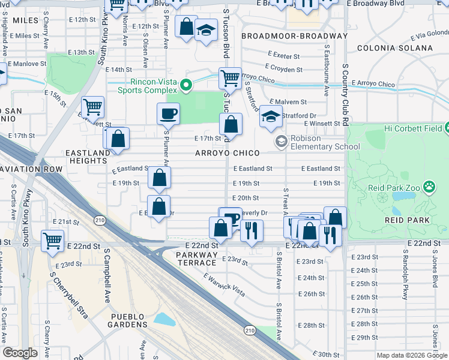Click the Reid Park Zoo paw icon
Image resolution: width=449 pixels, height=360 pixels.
coord(429,187)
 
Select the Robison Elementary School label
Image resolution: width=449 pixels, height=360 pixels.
coord(325,142)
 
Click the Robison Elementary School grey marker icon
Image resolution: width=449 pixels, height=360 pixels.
coord(280,142)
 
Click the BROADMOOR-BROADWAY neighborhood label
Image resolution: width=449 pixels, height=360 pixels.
coord(294,36)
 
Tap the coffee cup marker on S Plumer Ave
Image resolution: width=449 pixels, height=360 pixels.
coord(169,113)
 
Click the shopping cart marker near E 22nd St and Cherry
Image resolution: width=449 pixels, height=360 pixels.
coord(52,241)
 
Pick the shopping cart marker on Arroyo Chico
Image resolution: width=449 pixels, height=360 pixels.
coord(230,77)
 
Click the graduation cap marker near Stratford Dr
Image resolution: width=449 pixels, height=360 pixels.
coord(271,116)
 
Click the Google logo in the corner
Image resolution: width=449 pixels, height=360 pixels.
coord(20,353)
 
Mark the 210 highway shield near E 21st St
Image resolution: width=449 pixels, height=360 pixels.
coord(100,222)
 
